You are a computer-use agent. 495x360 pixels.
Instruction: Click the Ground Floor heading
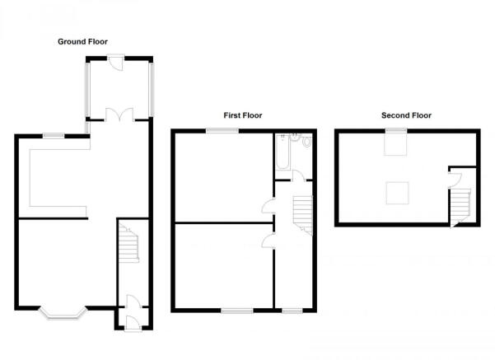coord(82,42)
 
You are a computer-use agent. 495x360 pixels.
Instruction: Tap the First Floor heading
coord(243,115)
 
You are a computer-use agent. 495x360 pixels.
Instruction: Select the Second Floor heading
coord(406,115)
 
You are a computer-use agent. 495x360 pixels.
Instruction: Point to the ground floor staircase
coord(128,244)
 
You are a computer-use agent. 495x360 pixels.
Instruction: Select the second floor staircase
coord(460,207)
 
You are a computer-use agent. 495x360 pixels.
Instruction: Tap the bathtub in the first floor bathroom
coord(283,152)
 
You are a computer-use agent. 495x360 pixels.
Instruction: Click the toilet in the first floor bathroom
coord(306,142)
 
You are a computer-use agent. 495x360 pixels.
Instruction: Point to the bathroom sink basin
coord(295,138)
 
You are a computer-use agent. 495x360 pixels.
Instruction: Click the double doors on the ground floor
coord(119,115)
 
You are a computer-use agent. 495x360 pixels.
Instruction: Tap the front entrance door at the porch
coord(133,323)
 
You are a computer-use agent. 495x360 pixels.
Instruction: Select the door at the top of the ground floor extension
coord(116,63)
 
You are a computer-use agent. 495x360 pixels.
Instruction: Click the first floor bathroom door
coord(299,175)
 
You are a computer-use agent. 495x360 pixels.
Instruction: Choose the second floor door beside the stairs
coord(455,180)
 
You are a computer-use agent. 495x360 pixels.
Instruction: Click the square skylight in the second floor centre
coord(398,193)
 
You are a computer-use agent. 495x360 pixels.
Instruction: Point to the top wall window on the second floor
coord(396,130)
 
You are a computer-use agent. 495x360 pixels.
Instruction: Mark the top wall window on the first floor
coord(222,130)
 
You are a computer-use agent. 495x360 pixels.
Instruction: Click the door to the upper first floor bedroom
coord(268,206)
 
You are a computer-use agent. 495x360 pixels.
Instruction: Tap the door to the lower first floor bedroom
coord(268,241)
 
